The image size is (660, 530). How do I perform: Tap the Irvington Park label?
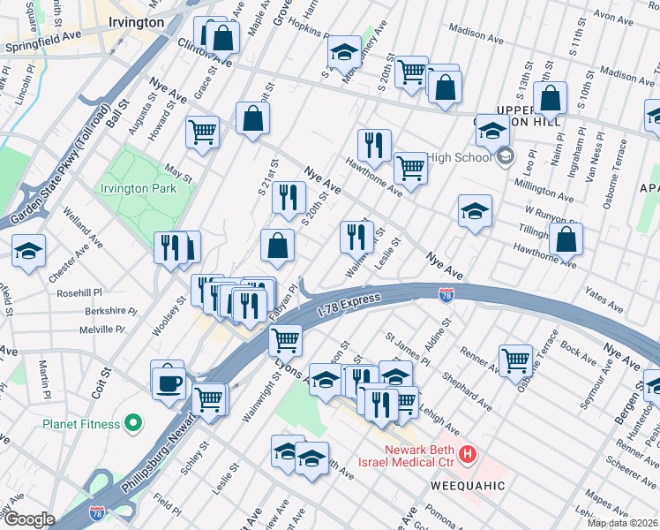[x=139, y=188]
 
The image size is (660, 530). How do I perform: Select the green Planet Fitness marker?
[x=134, y=424]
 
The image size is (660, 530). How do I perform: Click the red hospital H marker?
[x=469, y=454]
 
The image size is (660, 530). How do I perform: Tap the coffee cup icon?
[x=168, y=383]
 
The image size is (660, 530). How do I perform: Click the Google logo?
[x=29, y=519]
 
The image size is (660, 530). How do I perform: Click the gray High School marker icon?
[x=505, y=158]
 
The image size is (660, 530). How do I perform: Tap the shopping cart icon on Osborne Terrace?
[x=515, y=359]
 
